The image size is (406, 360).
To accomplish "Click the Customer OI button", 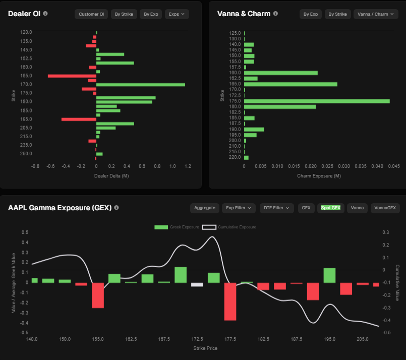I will [x=91, y=14].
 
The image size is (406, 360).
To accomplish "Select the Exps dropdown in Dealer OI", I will [x=177, y=14].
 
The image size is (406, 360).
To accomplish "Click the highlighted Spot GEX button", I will [x=331, y=208].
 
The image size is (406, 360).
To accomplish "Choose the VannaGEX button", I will [x=385, y=208].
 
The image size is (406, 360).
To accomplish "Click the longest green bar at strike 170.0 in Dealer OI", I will [x=140, y=85].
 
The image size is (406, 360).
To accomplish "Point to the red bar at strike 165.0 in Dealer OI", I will [x=72, y=76].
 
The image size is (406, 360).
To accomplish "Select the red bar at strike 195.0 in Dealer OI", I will [x=79, y=119].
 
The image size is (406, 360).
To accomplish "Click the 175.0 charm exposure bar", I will [x=317, y=101].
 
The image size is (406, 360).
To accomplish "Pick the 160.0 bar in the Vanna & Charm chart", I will [x=280, y=73].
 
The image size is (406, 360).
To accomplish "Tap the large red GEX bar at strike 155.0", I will [x=97, y=295].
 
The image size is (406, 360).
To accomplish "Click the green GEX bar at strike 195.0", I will [x=329, y=275].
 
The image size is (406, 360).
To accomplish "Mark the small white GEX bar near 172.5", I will [x=197, y=284].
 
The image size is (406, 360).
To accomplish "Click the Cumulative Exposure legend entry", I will [x=229, y=227].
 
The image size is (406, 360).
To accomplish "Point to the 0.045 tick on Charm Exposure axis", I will [x=394, y=165].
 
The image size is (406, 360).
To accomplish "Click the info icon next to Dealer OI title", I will [x=45, y=14].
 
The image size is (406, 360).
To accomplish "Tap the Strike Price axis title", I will [x=206, y=348].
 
